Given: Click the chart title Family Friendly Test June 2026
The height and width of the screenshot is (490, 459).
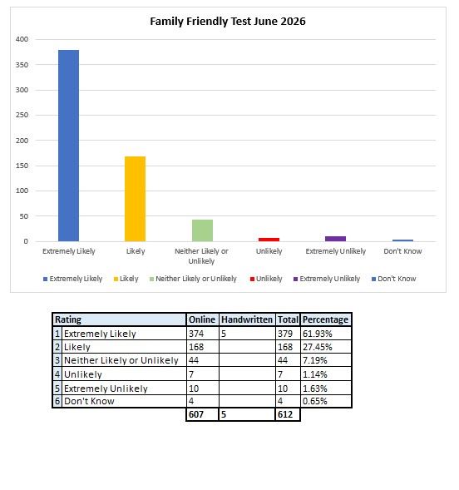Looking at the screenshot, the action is point(228,22).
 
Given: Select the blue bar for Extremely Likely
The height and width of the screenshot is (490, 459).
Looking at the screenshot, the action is point(69,146).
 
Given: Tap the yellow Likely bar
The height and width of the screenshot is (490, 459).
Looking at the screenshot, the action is point(136,199).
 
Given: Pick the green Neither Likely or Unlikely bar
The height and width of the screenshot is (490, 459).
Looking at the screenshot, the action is point(202,230).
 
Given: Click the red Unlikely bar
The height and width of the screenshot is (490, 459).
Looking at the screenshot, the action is point(269,240).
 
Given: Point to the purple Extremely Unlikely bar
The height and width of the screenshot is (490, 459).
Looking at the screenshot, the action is point(336,239).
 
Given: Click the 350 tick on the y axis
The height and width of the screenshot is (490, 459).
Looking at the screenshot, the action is point(22,65).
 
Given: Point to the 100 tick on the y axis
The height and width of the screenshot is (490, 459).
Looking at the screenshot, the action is point(22,191).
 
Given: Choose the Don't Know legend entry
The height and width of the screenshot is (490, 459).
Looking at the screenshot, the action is point(394,279).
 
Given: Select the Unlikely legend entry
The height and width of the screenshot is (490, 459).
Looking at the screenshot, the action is point(266,279).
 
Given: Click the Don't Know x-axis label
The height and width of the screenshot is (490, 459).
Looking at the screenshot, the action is point(402,251).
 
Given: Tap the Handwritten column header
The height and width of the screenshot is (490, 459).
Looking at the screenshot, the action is point(247,319).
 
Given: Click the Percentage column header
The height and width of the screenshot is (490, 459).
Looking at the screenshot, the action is point(325,319).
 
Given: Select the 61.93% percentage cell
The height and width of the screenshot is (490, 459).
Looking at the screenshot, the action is point(318,334).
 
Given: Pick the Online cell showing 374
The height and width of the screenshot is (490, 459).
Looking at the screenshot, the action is point(196,334).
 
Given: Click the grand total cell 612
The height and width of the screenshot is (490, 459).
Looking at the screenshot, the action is point(285,414).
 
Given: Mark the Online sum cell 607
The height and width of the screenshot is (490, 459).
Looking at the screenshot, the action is point(196,414).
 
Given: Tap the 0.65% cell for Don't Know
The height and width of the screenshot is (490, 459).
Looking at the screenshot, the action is point(315,401).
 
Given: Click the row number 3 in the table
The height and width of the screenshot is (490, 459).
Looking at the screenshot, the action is point(57,360).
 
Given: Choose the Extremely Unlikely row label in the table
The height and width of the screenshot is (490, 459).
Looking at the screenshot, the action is point(106,389).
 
